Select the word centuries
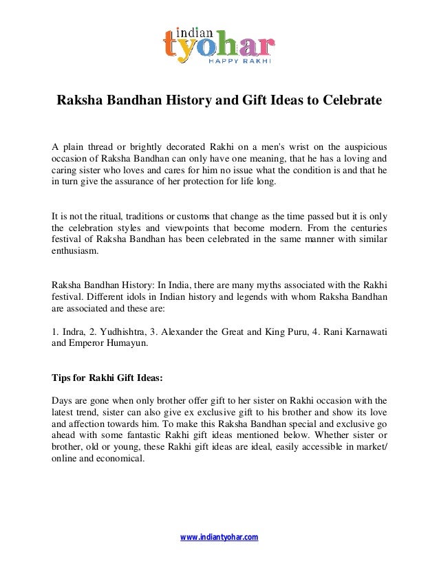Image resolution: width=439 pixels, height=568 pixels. pos(365,226)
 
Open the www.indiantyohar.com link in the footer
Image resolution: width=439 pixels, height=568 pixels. pos(219,536)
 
